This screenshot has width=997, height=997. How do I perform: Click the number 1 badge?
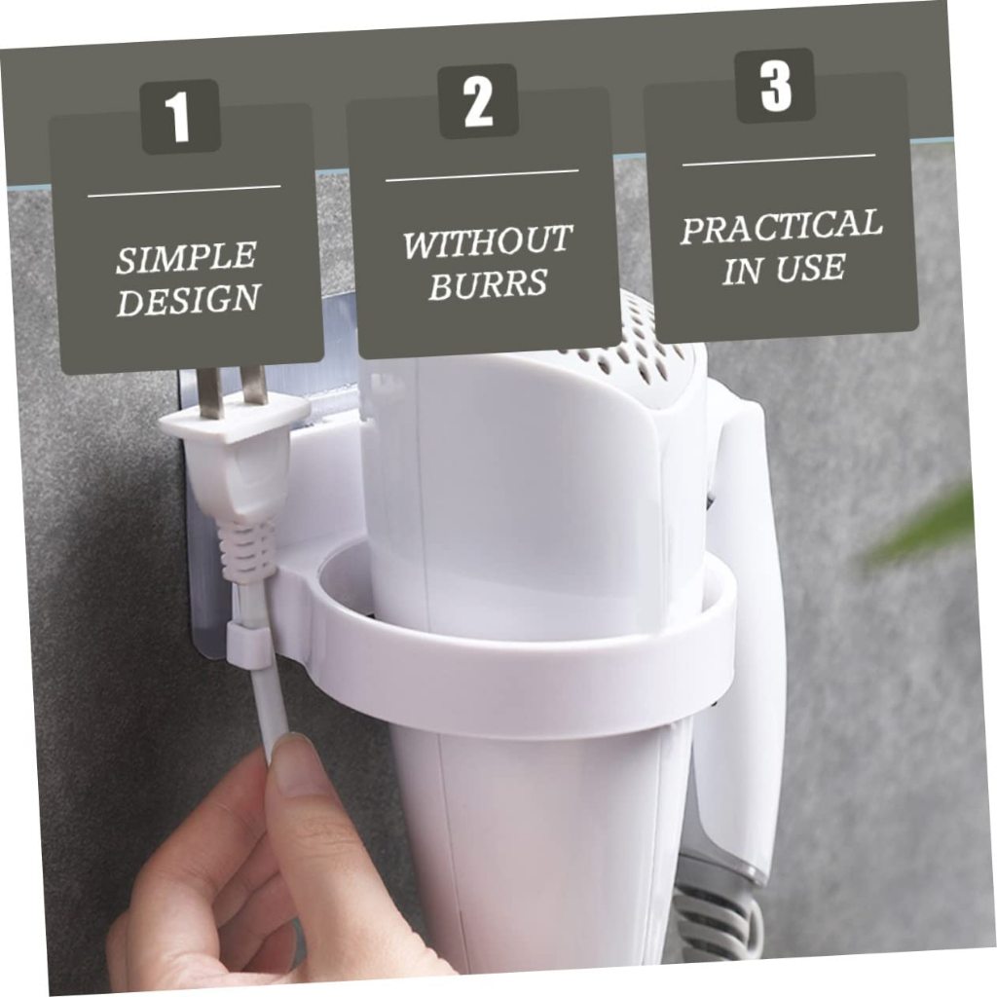point(180,117)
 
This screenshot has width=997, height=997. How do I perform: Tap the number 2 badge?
point(478,101)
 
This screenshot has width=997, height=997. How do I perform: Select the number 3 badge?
point(776,86)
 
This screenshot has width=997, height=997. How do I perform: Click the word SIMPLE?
point(186,257)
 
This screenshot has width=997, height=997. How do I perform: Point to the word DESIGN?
point(189,299)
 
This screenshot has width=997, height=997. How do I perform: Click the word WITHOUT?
point(487,241)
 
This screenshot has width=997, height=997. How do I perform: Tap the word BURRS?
point(488,283)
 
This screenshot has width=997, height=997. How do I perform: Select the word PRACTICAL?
point(782,226)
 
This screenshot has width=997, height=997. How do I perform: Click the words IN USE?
point(784,268)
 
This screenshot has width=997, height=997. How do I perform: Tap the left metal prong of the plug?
point(210,393)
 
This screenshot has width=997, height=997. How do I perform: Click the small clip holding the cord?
point(247,644)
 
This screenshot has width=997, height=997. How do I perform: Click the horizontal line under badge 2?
point(482,175)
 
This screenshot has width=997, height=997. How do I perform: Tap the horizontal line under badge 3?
point(779,160)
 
